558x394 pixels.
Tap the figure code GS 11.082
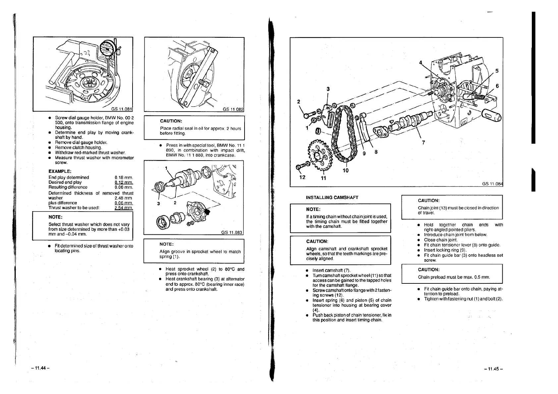233,109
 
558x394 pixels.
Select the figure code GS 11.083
232,232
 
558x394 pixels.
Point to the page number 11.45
493,369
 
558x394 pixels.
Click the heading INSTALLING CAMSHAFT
332,197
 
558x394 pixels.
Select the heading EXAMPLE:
60,171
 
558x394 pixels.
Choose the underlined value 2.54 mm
124,208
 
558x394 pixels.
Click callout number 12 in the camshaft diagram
302,177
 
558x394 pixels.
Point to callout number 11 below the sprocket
323,178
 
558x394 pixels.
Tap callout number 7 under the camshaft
423,143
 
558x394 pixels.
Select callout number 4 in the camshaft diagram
421,63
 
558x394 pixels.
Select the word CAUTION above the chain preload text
428,270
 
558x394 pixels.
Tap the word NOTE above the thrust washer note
55,217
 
